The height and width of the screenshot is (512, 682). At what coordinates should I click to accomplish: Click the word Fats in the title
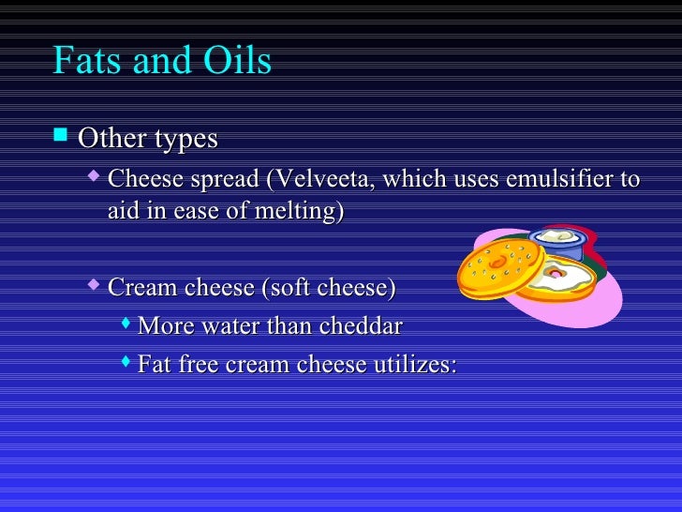pos(86,61)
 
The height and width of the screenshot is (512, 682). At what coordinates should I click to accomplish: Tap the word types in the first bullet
pos(185,139)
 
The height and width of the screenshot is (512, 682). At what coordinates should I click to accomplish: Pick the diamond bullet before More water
pos(126,324)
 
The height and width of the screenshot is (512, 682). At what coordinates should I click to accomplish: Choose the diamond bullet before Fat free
pos(126,362)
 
